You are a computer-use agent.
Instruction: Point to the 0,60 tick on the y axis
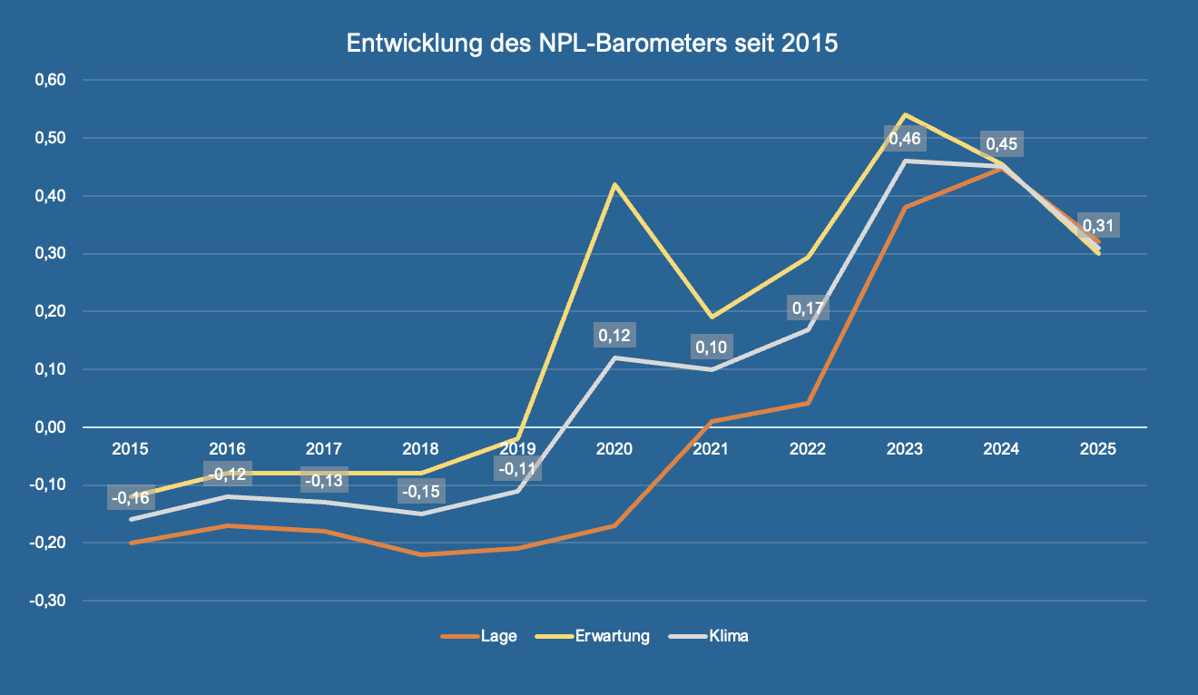pos(51,80)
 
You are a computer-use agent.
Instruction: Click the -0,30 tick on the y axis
pos(49,601)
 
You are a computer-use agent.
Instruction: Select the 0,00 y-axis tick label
pos(51,427)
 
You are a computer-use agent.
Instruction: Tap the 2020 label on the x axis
pos(614,448)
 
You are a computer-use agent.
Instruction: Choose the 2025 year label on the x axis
pos(1099,448)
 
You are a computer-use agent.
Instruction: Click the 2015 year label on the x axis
pos(130,448)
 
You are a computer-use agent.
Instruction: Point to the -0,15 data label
pos(420,493)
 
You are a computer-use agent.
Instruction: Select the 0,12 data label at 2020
pos(614,336)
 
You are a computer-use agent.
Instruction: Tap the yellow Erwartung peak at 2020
pos(614,184)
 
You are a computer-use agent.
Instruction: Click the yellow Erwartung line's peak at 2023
pos(905,115)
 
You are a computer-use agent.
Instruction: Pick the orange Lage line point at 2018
pos(420,554)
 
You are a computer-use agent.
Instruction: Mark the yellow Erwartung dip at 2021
pos(712,317)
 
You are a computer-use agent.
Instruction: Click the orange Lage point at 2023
pos(905,207)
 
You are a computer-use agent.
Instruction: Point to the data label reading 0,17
pos(808,308)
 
